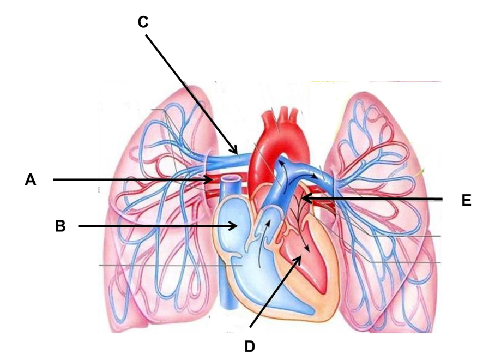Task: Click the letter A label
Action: point(30,179)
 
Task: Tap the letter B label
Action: point(61,226)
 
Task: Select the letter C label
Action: point(143,22)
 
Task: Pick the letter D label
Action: point(250,346)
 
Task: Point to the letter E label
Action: point(466,200)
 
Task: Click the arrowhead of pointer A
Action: point(210,179)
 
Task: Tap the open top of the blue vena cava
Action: point(231,178)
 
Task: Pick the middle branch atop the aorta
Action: point(286,113)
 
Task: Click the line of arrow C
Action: point(191,94)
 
